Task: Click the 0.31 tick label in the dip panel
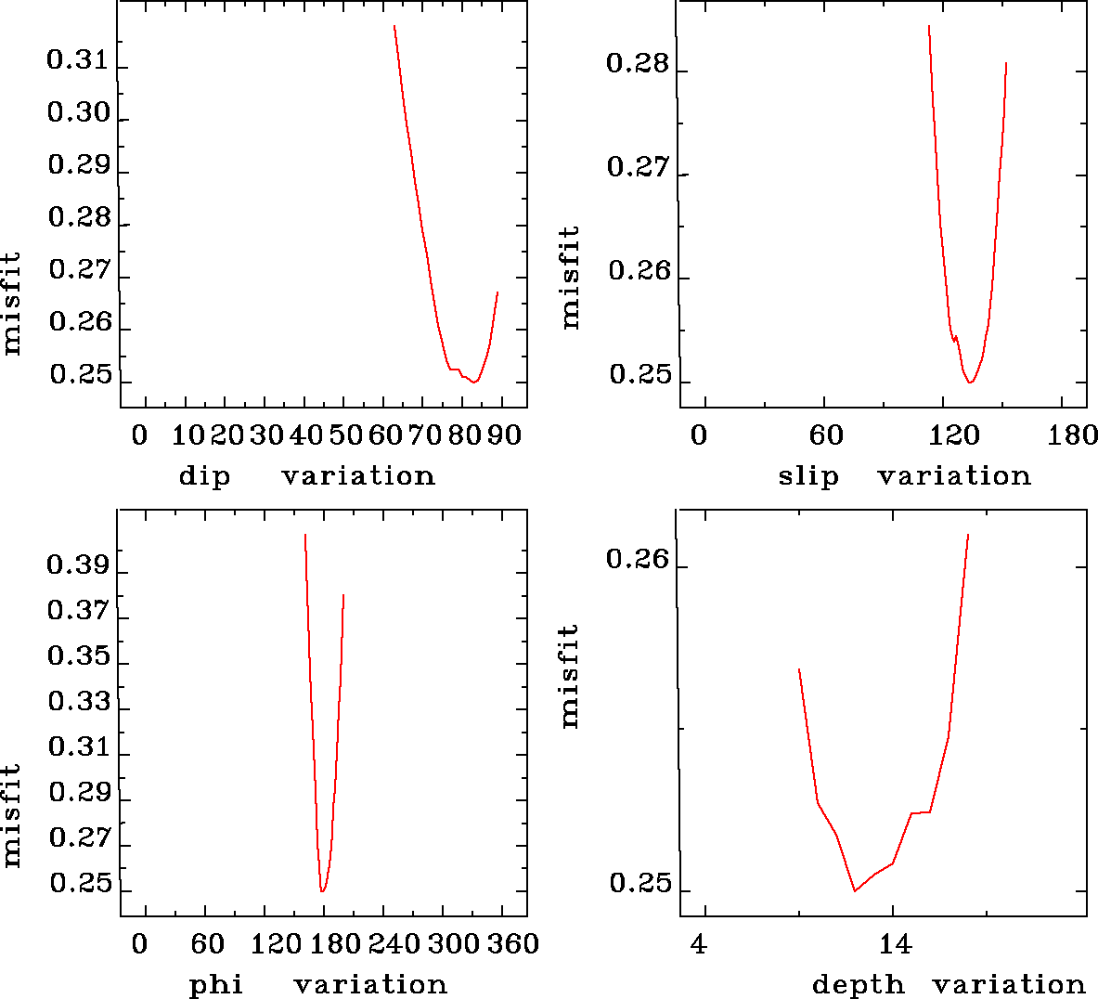pos(78,62)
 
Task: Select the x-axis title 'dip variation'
pos(306,476)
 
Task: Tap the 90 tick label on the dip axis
pos(505,435)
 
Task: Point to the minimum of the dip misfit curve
pos(474,382)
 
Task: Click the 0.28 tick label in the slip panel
pos(637,64)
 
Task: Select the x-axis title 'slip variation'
pos(904,476)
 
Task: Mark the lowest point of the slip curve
pos(970,383)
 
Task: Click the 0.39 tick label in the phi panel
pos(78,565)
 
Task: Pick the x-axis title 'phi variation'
pos(318,984)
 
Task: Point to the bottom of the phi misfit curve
pos(322,891)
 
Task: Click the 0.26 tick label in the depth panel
pos(637,560)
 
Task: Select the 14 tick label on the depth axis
pos(895,945)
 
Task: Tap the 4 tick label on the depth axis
pos(699,945)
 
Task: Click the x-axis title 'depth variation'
pos(949,984)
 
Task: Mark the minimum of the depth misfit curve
pos(855,891)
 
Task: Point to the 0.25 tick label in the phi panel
pos(80,884)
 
